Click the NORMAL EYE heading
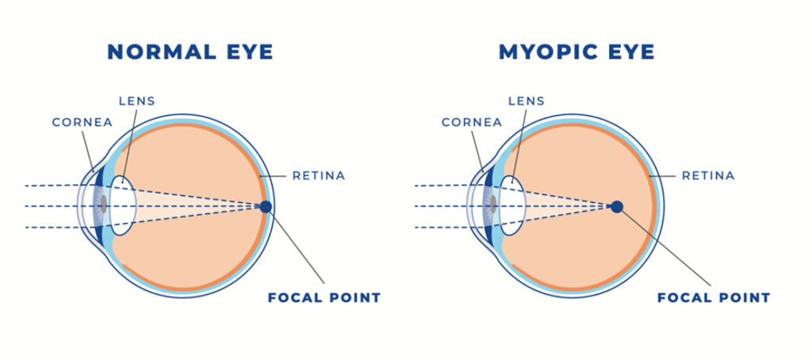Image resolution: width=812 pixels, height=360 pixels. pyautogui.click(x=190, y=52)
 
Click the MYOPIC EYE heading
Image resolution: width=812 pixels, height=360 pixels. pyautogui.click(x=576, y=52)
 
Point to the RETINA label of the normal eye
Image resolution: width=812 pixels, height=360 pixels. pyautogui.click(x=319, y=175)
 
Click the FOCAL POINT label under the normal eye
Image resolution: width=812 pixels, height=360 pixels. pyautogui.click(x=324, y=298)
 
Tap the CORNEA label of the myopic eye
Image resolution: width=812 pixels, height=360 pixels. pyautogui.click(x=472, y=123)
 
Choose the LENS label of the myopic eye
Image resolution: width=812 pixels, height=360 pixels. pyautogui.click(x=527, y=101)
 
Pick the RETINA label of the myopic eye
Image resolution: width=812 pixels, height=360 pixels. pyautogui.click(x=708, y=175)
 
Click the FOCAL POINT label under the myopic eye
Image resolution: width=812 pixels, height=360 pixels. pyautogui.click(x=714, y=298)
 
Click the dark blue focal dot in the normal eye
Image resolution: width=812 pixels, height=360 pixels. pyautogui.click(x=266, y=207)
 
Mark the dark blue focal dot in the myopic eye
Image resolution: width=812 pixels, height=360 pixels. pyautogui.click(x=617, y=207)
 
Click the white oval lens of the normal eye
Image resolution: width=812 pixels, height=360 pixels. pyautogui.click(x=123, y=206)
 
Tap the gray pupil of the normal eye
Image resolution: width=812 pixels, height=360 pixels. pyautogui.click(x=101, y=206)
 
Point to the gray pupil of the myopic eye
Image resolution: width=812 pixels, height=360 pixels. pyautogui.click(x=492, y=206)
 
